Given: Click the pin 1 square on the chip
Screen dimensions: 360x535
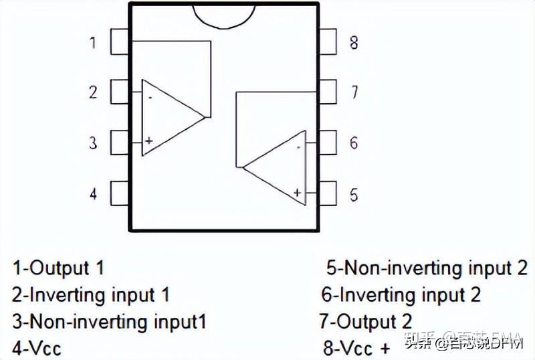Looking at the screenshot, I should (119, 42).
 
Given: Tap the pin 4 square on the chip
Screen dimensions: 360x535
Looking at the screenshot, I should (119, 193).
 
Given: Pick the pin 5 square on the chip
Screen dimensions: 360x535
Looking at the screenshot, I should (328, 194).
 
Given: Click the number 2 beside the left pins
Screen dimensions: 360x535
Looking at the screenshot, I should (93, 92).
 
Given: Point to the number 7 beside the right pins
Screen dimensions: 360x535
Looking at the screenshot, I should (354, 92).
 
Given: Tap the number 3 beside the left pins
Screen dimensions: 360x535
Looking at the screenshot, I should (93, 143).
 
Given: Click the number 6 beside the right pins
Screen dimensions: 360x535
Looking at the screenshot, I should (354, 143).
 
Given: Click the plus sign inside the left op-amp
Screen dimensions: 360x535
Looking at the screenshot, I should (148, 141).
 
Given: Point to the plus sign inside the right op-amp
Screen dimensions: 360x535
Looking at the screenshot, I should (297, 193).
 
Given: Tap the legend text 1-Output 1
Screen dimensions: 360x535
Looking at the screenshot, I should (58, 268).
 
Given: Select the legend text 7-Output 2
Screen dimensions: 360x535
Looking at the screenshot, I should (366, 321).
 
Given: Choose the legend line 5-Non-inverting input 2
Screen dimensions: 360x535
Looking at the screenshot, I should (427, 268).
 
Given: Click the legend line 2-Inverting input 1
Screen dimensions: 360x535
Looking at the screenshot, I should (90, 294).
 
